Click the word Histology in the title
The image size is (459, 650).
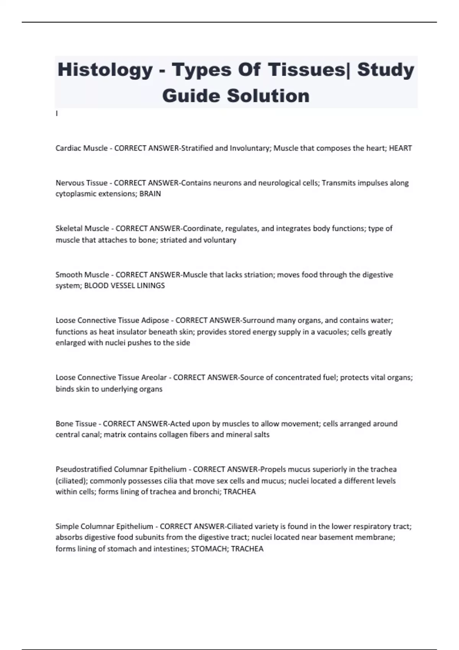(x=105, y=70)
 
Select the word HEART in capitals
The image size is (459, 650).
(x=400, y=148)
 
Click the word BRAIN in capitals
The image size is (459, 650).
(x=150, y=194)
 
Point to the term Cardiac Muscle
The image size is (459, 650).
(x=81, y=148)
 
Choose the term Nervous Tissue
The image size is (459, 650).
(x=81, y=183)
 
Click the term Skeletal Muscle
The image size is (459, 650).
(x=82, y=229)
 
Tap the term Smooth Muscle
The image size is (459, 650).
(x=82, y=275)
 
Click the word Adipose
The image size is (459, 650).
(x=155, y=320)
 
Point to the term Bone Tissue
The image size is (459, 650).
(x=76, y=424)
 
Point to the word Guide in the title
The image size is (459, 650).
(x=191, y=96)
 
